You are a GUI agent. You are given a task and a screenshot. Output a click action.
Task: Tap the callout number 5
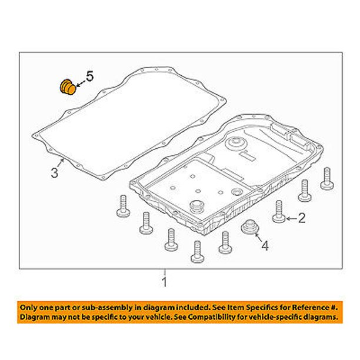[x=90, y=76]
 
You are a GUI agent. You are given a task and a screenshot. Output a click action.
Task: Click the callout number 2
[x=301, y=218]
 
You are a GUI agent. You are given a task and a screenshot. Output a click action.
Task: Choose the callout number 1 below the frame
[x=164, y=282]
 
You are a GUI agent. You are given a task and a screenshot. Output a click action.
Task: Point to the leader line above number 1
[x=164, y=272]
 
